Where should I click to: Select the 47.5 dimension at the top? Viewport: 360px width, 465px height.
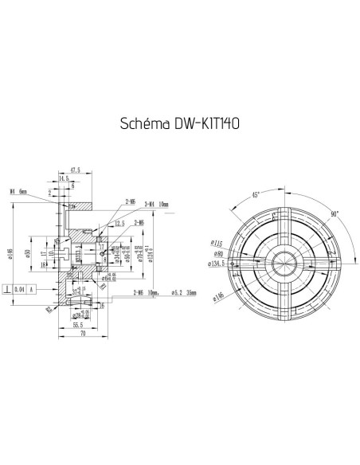tap(76, 170)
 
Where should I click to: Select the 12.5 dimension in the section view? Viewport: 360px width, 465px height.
tap(119, 224)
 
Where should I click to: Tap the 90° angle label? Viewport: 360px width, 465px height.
tap(335, 214)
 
